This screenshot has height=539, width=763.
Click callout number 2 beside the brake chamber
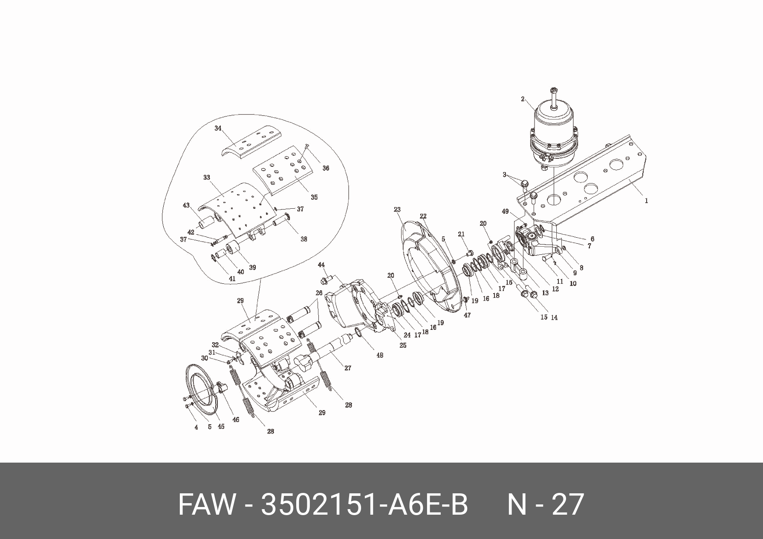[523, 99]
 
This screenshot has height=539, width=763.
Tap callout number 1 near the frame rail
[646, 201]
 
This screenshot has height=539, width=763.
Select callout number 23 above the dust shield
[397, 210]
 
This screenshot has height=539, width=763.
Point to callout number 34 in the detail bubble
[218, 128]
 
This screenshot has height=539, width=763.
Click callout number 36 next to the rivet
[326, 168]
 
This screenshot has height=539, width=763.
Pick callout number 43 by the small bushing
[186, 205]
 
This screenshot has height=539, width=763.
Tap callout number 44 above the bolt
[321, 265]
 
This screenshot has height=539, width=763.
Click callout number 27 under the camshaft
[348, 368]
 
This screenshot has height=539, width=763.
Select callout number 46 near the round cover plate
[236, 420]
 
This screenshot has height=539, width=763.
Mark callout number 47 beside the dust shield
[468, 315]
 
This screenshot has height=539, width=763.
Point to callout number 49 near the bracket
[506, 211]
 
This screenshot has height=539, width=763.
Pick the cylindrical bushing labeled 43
[207, 223]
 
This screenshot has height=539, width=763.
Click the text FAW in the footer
[206, 505]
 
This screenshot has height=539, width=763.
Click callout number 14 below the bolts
[554, 318]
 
